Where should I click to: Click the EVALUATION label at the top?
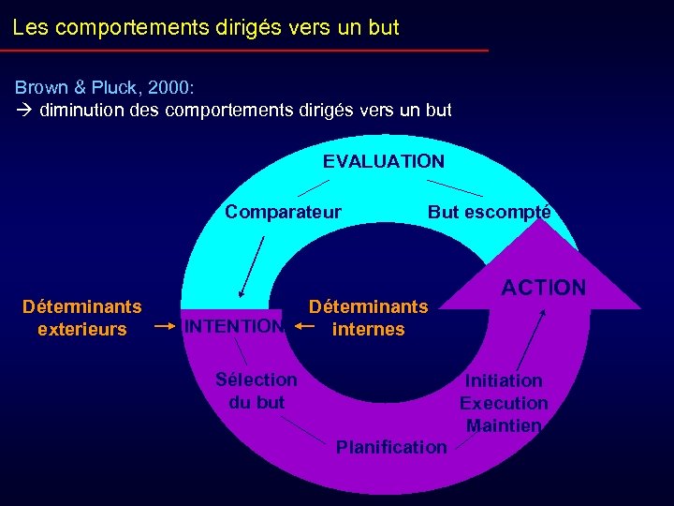coord(384,161)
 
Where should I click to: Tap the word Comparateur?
coord(283,212)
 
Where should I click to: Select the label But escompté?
coord(489,212)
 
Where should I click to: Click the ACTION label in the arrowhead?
coord(544,288)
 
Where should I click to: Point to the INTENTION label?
coord(234,327)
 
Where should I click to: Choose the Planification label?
coord(391,447)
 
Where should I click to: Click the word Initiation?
coord(504,380)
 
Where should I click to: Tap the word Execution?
coord(504,403)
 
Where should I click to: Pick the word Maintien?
coord(504,425)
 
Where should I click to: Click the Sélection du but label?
coord(256,391)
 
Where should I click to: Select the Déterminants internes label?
coord(368,318)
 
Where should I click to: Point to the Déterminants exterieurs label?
coord(82,318)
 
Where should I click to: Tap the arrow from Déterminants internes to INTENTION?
coord(303,326)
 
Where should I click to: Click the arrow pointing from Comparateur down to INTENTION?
coord(251,266)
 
